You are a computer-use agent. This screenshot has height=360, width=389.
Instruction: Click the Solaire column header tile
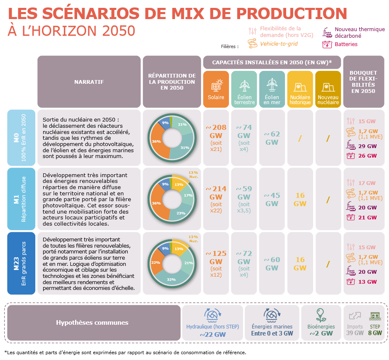coord(216,89)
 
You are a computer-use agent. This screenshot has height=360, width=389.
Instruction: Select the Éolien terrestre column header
coord(244,89)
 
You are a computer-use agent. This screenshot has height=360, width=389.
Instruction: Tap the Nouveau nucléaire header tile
coord(328,89)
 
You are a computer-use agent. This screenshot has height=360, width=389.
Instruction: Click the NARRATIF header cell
coord(89,82)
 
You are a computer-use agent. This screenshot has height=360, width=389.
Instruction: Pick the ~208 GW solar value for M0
coord(216,131)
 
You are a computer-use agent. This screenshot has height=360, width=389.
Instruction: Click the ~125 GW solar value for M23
coord(216,258)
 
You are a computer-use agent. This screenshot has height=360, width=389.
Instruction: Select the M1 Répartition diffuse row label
coord(21,199)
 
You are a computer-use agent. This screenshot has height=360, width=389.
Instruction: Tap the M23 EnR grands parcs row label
coord(21,264)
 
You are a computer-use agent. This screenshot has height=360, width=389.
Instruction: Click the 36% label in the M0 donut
coord(156,141)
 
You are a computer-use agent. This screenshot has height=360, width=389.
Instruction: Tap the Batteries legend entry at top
coord(346,44)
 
